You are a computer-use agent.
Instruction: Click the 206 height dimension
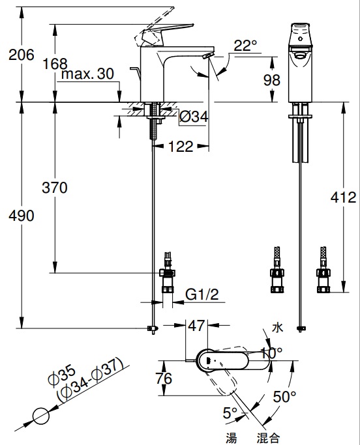coord(22,55)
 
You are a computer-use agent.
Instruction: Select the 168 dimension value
coord(55,64)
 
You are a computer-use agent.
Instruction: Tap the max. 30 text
coord(88,74)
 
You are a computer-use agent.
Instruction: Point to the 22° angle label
coord(245,46)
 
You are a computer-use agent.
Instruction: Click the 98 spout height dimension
coord(272,80)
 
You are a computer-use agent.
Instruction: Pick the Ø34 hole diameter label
coord(194,117)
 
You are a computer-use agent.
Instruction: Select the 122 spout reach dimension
coord(181,147)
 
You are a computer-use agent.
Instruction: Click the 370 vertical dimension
coord(55,188)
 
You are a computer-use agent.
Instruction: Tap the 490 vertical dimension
coord(22,216)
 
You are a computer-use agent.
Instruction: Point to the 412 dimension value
coord(343,197)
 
